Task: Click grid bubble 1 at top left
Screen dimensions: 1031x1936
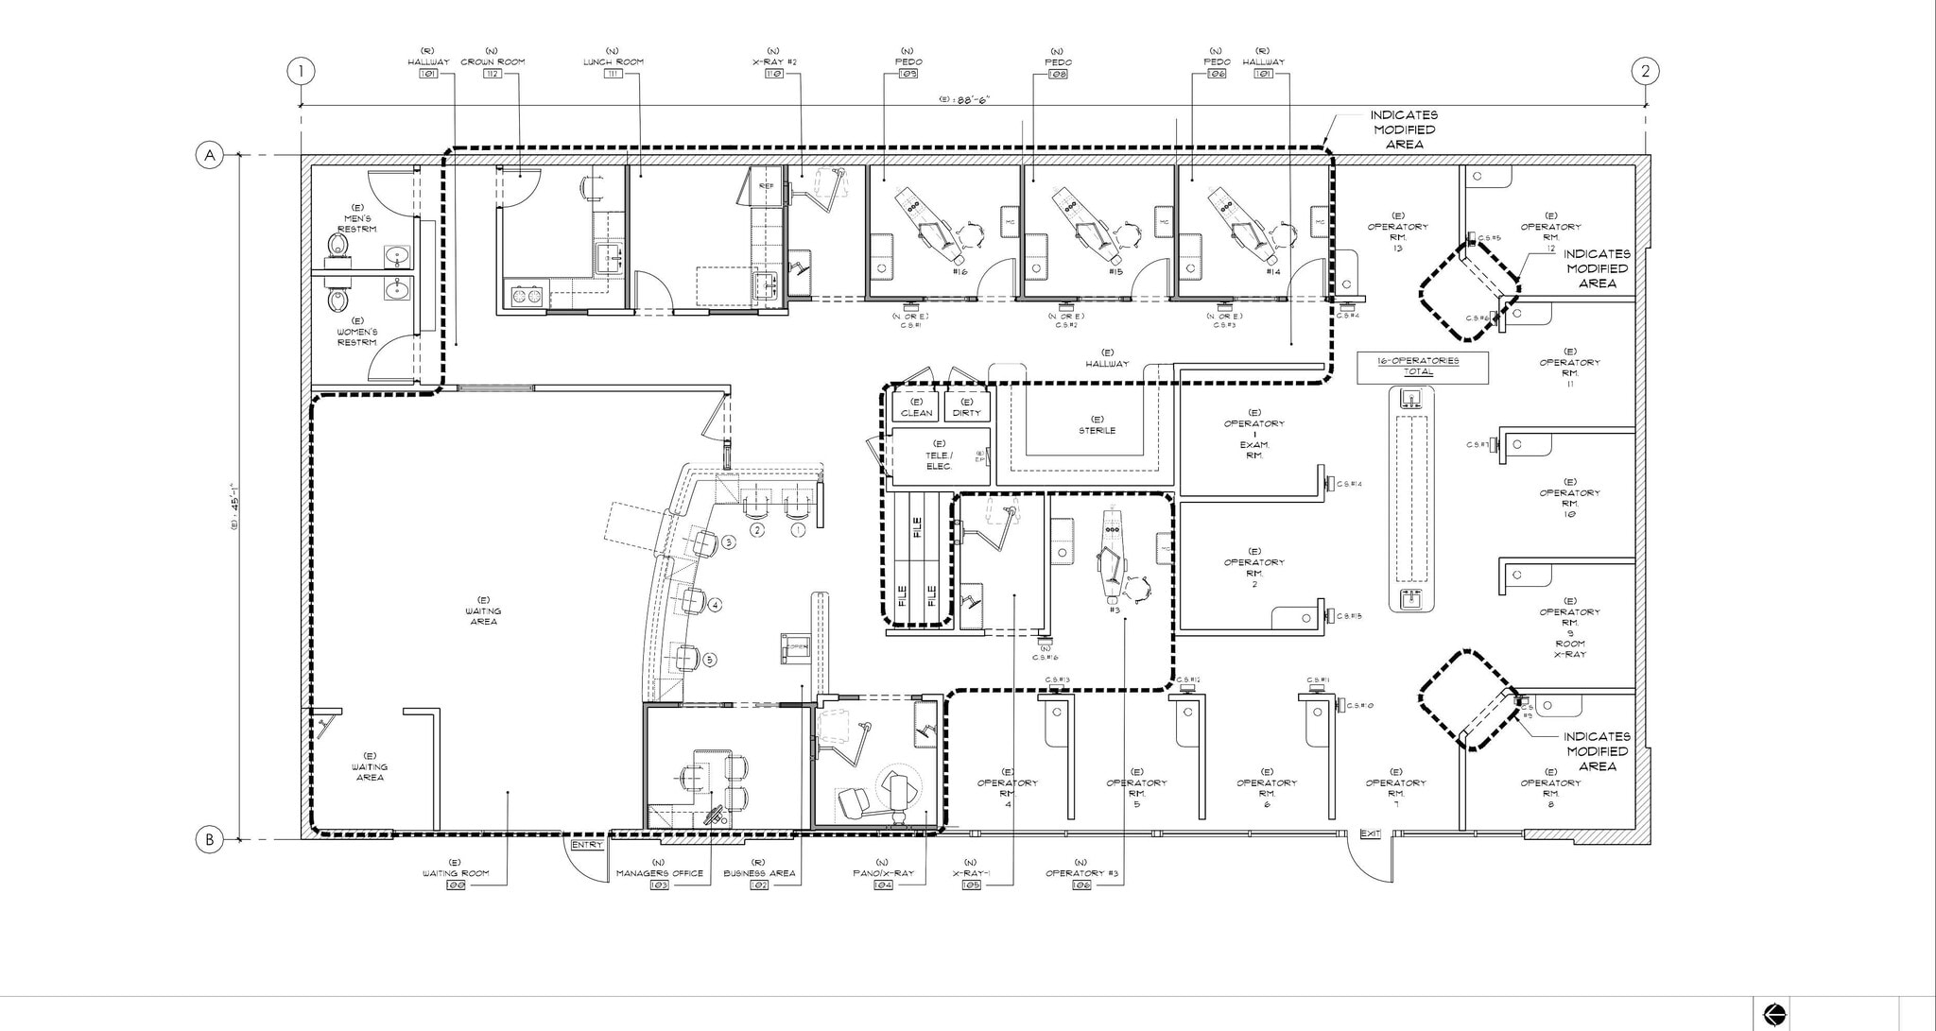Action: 301,71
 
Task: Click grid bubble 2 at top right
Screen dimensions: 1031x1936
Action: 1645,71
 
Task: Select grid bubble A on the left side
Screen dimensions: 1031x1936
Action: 209,155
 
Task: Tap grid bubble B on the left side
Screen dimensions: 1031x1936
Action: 209,839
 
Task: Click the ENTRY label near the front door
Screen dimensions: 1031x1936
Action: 586,845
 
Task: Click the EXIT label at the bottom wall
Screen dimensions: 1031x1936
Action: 1370,833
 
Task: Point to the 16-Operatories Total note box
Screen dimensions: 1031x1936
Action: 1422,367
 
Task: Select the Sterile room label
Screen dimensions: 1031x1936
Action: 1097,425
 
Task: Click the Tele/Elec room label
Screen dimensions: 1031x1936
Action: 938,455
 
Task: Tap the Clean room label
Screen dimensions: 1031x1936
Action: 916,407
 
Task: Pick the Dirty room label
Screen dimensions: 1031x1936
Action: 966,407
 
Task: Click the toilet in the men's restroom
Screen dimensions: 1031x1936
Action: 337,248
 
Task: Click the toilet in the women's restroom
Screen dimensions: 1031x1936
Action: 337,300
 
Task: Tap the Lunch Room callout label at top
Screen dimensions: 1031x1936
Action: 613,62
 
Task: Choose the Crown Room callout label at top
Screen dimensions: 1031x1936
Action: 493,62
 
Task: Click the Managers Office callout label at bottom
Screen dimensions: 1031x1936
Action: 659,873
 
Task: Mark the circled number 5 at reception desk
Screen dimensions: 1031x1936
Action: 710,660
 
